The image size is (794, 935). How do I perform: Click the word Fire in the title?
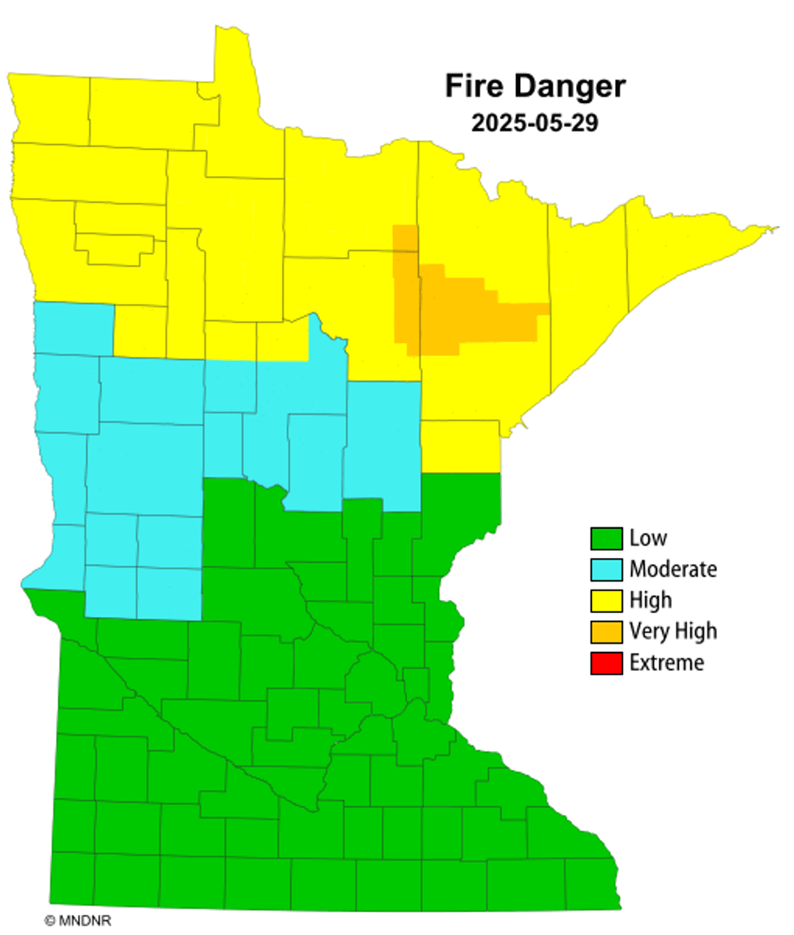(x=475, y=87)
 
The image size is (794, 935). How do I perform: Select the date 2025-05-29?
(x=535, y=124)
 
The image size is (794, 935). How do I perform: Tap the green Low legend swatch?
(x=605, y=538)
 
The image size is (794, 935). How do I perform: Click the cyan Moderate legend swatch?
(x=605, y=569)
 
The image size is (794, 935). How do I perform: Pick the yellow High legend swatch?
(x=605, y=600)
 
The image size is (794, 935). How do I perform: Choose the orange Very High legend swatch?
(x=605, y=631)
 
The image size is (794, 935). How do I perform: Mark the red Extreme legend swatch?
(x=605, y=663)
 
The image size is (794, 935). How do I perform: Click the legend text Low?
(x=648, y=538)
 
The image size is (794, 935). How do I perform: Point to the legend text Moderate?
(x=673, y=569)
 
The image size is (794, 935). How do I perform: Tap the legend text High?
(x=651, y=600)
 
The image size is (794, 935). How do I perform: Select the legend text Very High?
(x=673, y=631)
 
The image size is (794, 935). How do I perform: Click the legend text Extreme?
(x=667, y=663)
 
